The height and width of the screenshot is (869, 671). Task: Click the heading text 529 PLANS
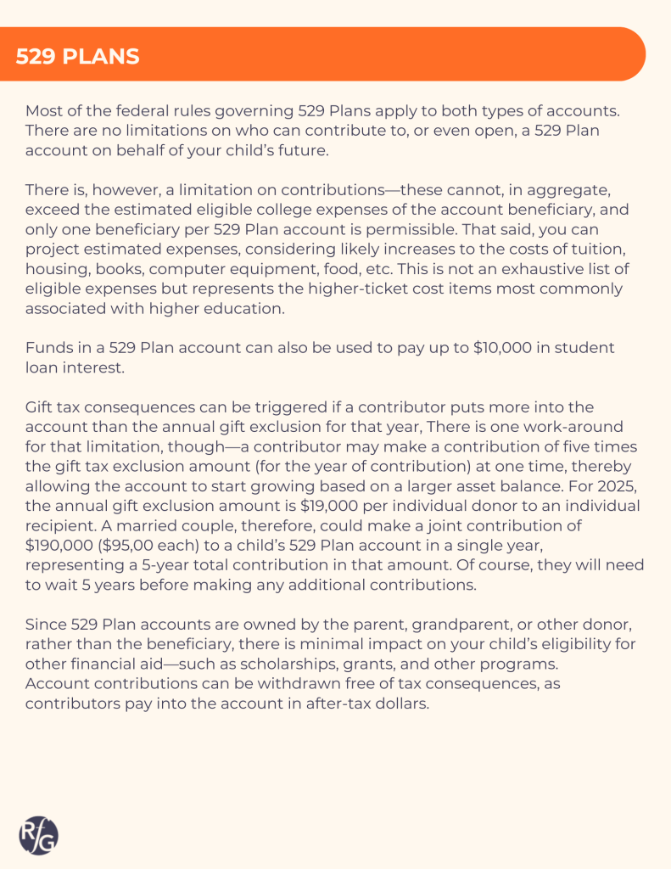77,57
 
